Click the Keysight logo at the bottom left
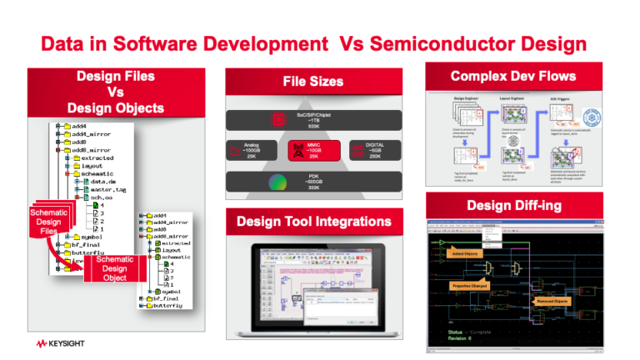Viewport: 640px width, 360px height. tap(64, 342)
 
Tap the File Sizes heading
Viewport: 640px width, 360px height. tap(312, 82)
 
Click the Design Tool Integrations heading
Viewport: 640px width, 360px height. tap(314, 222)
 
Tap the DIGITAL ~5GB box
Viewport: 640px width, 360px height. tap(374, 150)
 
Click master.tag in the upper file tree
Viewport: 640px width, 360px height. tap(111, 190)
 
